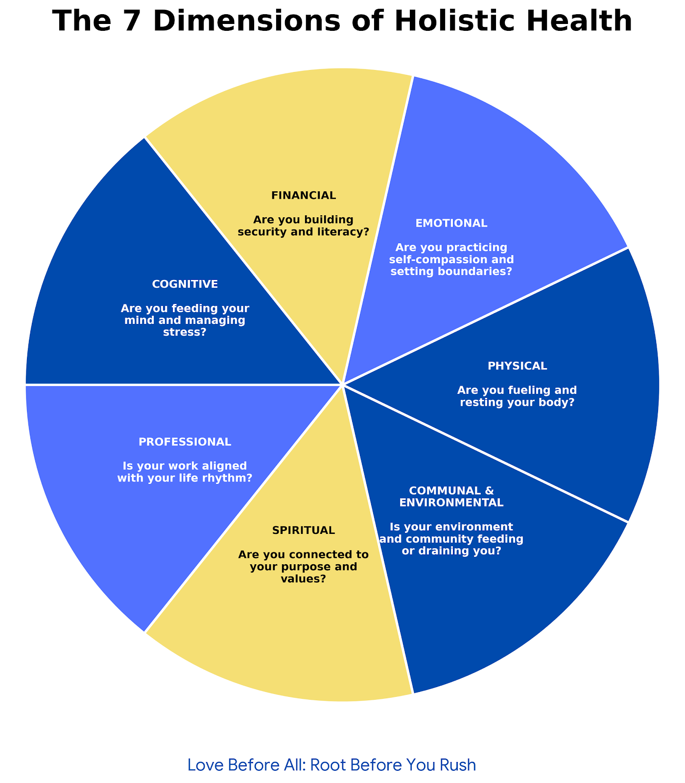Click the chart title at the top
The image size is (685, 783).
pyautogui.click(x=342, y=22)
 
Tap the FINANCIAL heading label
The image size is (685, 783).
pyautogui.click(x=304, y=196)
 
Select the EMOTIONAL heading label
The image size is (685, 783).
pyautogui.click(x=451, y=224)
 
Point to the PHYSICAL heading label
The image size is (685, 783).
pyautogui.click(x=517, y=366)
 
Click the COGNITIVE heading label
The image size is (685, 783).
pyautogui.click(x=185, y=284)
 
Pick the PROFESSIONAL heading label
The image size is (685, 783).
pyautogui.click(x=185, y=442)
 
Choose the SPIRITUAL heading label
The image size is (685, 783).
pyautogui.click(x=304, y=530)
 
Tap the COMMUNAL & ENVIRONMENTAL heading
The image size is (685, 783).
pyautogui.click(x=451, y=497)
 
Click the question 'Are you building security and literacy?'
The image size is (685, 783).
pyautogui.click(x=304, y=226)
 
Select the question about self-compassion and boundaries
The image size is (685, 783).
pyautogui.click(x=451, y=259)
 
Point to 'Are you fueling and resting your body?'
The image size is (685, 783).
pyautogui.click(x=517, y=397)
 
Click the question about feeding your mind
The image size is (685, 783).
pyautogui.click(x=185, y=321)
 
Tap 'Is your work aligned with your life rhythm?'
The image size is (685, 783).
pyautogui.click(x=185, y=472)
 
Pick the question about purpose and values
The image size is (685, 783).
pyautogui.click(x=304, y=567)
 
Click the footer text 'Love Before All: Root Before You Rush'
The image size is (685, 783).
pyautogui.click(x=331, y=765)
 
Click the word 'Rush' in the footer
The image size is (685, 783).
pyautogui.click(x=456, y=765)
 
